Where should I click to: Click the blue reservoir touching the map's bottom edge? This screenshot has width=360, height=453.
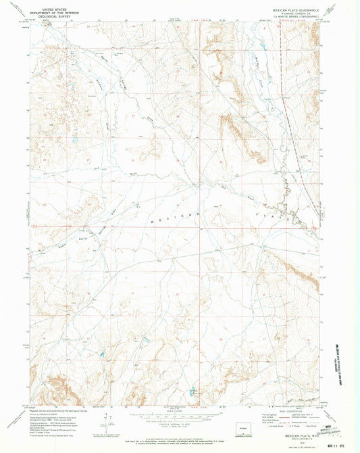pos(192,391)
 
